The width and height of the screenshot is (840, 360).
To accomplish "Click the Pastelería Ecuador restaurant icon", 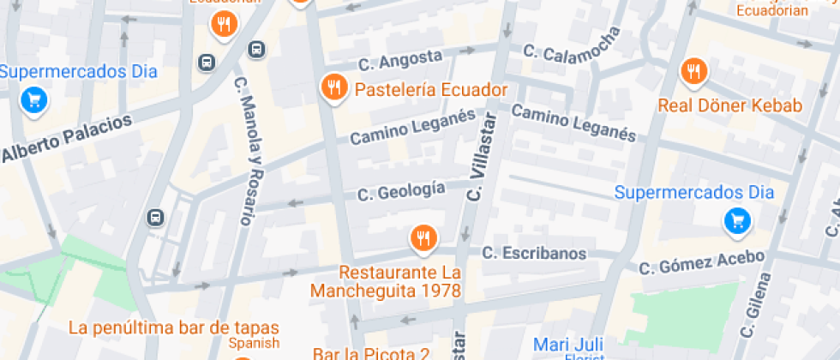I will pos(333,87).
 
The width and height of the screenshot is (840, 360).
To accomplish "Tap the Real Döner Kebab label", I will pos(729,105).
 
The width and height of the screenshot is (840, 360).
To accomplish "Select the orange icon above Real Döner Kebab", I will pos(693,72).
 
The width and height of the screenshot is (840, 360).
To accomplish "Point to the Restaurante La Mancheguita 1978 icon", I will pos(422,237).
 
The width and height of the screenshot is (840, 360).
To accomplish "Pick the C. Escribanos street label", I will pos(534,253).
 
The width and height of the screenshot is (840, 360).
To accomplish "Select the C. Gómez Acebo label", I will pos(701,261).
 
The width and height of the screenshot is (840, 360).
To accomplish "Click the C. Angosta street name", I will pos(400,59).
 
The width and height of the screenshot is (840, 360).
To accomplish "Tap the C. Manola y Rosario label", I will pos(243,151).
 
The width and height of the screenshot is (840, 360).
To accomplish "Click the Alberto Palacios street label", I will pos(67,137).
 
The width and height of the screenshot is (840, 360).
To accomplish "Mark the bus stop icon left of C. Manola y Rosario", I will pos(155,217).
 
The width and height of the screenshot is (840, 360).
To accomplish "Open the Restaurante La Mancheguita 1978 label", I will pos(399,281).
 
